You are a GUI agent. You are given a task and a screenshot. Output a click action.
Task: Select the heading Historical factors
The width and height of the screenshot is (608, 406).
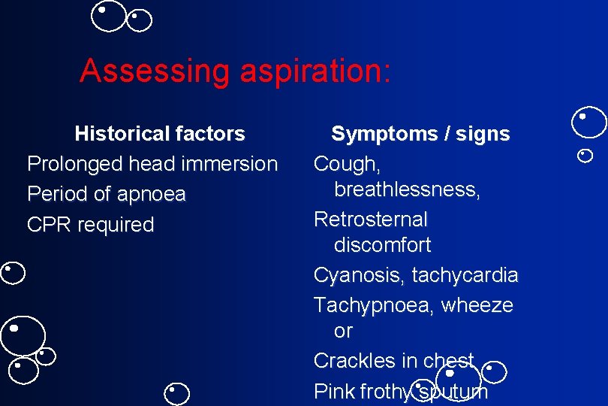click(x=160, y=134)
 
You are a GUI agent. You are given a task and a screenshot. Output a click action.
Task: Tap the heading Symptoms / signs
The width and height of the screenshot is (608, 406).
click(x=420, y=134)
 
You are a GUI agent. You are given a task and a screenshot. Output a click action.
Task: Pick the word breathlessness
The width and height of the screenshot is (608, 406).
click(x=408, y=189)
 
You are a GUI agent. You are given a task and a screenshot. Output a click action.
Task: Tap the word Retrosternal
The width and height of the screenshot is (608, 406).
click(x=371, y=220)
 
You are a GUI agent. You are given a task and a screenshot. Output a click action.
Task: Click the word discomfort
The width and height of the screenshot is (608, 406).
click(x=383, y=245)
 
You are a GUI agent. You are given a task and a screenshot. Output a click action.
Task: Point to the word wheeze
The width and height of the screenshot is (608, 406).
click(x=477, y=305)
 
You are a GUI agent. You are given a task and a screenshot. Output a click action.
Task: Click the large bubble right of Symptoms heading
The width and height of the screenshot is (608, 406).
click(x=588, y=123)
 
